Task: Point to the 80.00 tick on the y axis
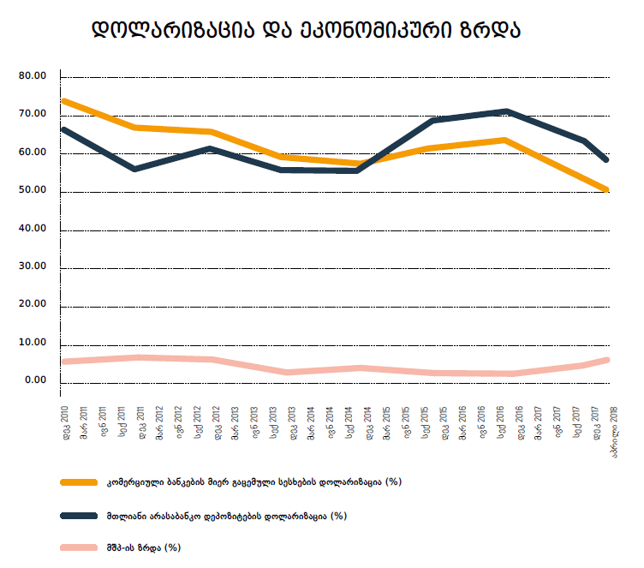[33, 76]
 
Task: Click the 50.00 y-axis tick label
[33, 191]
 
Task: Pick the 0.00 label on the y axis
[35, 380]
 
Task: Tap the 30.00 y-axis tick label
[33, 267]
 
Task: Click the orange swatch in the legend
[79, 482]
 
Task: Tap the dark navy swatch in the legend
[79, 516]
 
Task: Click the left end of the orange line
[64, 101]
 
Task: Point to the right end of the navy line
[606, 159]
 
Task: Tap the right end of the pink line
[606, 360]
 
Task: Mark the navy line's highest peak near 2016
[506, 111]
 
